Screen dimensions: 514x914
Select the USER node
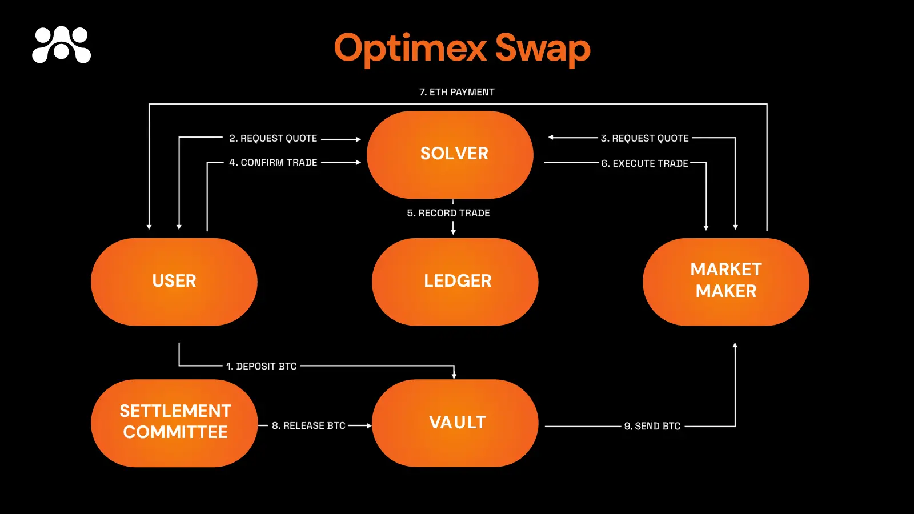(x=174, y=282)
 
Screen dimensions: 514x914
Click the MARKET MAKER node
(x=726, y=282)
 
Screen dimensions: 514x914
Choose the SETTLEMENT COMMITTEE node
(x=174, y=423)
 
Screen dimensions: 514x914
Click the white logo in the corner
(x=62, y=45)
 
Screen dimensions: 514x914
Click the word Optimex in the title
(x=410, y=48)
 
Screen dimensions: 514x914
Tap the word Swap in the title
(x=542, y=48)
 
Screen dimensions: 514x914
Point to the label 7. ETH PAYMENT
(x=457, y=92)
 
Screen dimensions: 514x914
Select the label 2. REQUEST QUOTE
(x=273, y=138)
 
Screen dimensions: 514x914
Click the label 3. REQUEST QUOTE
(x=644, y=138)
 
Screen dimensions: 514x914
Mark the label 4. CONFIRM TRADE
(x=273, y=163)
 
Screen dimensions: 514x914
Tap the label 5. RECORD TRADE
(x=448, y=213)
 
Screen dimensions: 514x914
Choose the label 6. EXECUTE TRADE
(x=644, y=163)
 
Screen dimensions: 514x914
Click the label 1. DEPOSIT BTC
(x=262, y=366)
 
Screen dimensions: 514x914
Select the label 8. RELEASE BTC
(x=308, y=425)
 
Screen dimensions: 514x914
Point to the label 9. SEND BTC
(x=652, y=426)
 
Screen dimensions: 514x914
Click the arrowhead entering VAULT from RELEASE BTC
(x=369, y=425)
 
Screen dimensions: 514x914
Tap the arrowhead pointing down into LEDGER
(x=453, y=232)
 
